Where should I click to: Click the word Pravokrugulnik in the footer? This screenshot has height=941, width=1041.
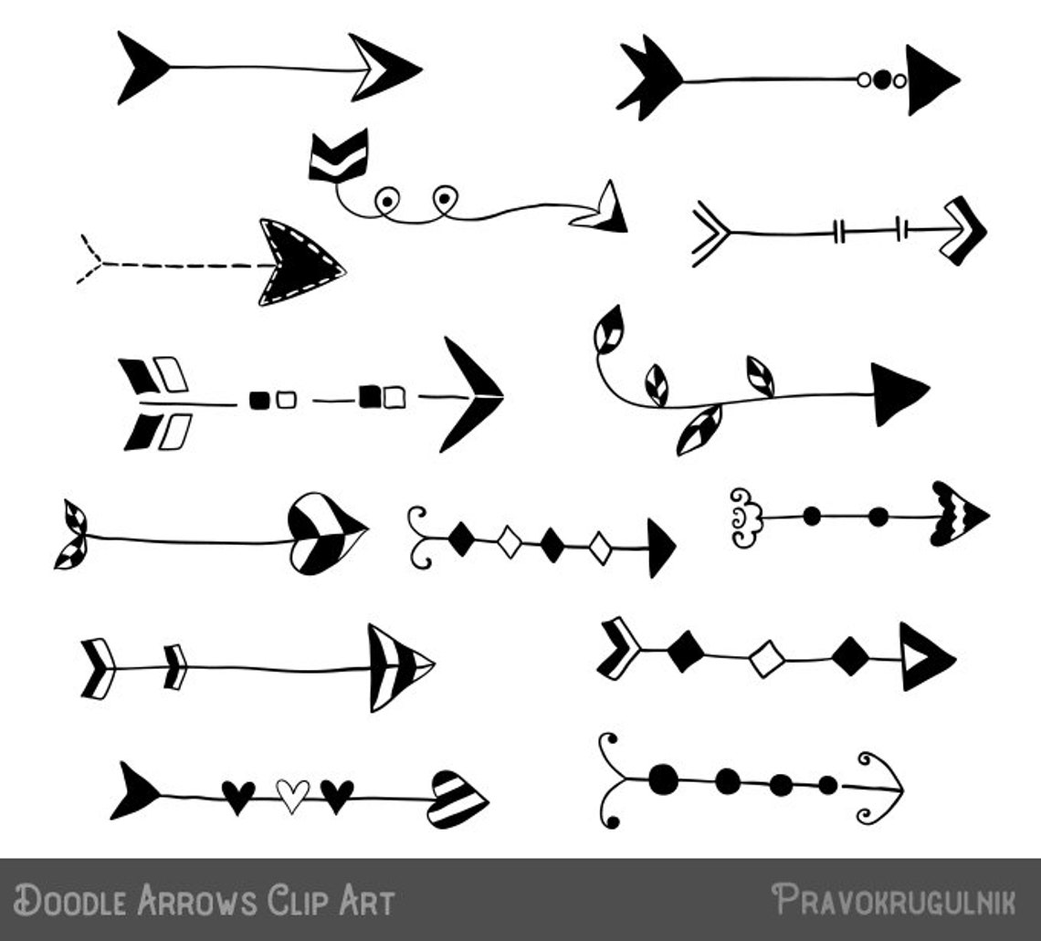(893, 900)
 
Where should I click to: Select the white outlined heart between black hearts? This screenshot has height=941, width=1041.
(292, 794)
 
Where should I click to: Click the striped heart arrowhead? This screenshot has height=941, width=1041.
(456, 800)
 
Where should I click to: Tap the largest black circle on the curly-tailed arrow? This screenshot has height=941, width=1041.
(664, 778)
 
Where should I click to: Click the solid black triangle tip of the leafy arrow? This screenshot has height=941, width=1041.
(896, 393)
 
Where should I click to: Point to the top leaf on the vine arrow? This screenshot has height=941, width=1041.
(608, 329)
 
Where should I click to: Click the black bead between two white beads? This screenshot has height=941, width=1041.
(881, 80)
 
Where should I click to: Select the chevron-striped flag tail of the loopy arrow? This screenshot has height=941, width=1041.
(338, 155)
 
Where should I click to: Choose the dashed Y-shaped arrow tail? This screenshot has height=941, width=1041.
(91, 260)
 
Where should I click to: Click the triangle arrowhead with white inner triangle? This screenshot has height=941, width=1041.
(922, 656)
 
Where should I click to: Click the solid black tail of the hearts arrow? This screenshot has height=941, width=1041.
(133, 790)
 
